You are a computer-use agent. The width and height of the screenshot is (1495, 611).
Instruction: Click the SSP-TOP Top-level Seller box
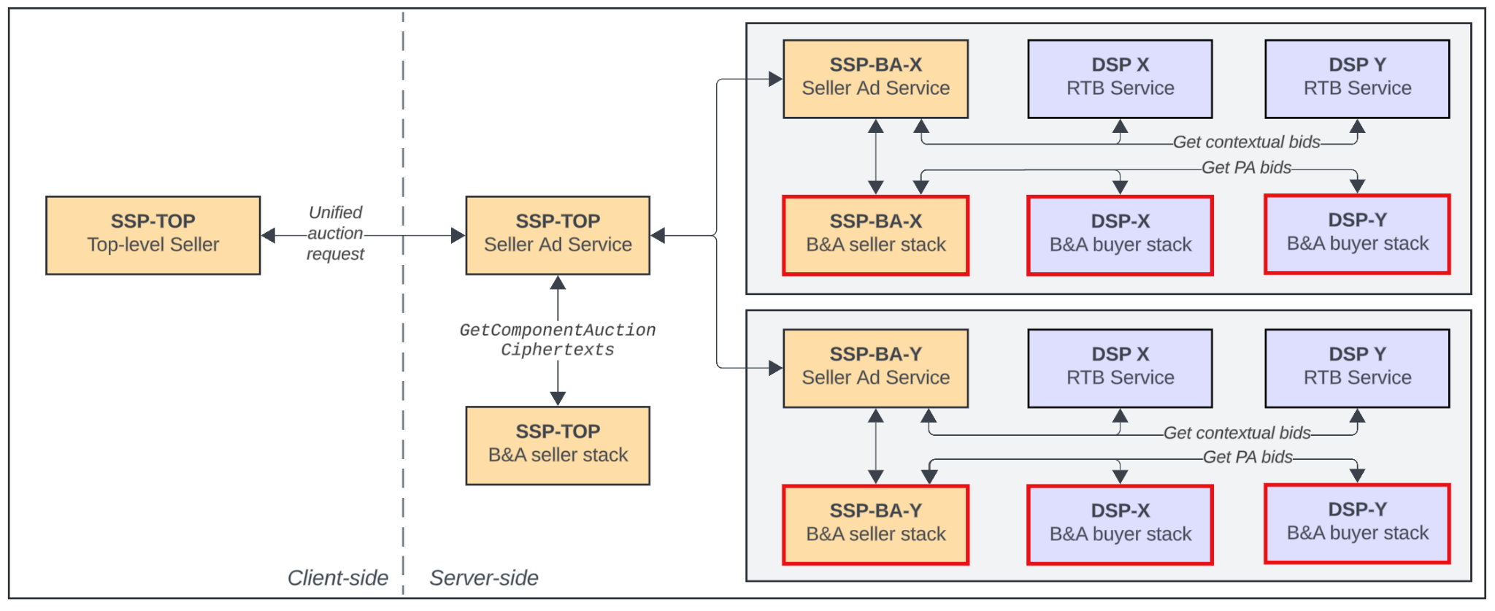click(x=153, y=235)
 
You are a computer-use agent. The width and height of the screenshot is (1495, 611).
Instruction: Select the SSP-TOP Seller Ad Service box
click(x=558, y=235)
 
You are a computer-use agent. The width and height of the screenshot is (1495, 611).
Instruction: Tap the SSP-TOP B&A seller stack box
click(x=558, y=445)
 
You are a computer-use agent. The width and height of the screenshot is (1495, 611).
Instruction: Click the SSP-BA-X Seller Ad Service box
click(x=875, y=79)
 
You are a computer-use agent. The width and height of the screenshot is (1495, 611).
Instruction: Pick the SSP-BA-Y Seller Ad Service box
click(x=875, y=368)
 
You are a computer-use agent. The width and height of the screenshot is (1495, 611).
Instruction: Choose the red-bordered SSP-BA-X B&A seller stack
click(x=875, y=235)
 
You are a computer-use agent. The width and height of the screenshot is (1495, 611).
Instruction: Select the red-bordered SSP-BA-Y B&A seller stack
click(x=875, y=524)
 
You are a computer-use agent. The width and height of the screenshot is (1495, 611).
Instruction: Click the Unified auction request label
click(x=335, y=233)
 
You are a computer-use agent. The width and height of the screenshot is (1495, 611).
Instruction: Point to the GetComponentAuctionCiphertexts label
click(x=558, y=340)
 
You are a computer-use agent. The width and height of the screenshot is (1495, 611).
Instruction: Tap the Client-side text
click(x=337, y=577)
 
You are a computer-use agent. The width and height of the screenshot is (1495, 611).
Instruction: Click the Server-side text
click(x=484, y=577)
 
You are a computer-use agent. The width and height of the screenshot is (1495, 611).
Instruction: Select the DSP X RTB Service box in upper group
click(x=1120, y=79)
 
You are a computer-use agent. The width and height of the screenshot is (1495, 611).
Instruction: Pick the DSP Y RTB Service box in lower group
click(x=1357, y=368)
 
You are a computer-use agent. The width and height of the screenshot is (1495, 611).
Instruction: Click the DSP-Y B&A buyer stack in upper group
click(x=1357, y=234)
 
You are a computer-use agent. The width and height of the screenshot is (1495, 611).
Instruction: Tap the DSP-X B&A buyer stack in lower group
click(x=1120, y=524)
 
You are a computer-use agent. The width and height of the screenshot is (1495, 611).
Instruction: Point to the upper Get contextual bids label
click(x=1246, y=142)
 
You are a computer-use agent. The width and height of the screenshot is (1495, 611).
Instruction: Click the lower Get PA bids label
click(x=1247, y=457)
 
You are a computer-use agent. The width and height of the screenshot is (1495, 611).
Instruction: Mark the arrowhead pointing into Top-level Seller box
click(x=269, y=235)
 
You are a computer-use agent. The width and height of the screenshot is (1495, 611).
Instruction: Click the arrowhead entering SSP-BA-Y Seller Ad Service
click(x=775, y=368)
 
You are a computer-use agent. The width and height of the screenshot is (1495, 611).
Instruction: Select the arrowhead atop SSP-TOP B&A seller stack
click(x=558, y=399)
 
